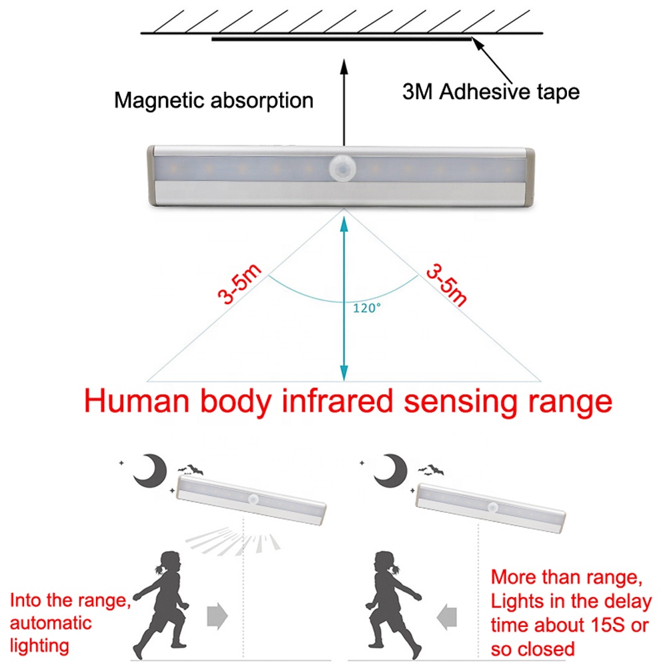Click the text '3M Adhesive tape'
[491, 91]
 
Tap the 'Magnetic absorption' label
[213, 101]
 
